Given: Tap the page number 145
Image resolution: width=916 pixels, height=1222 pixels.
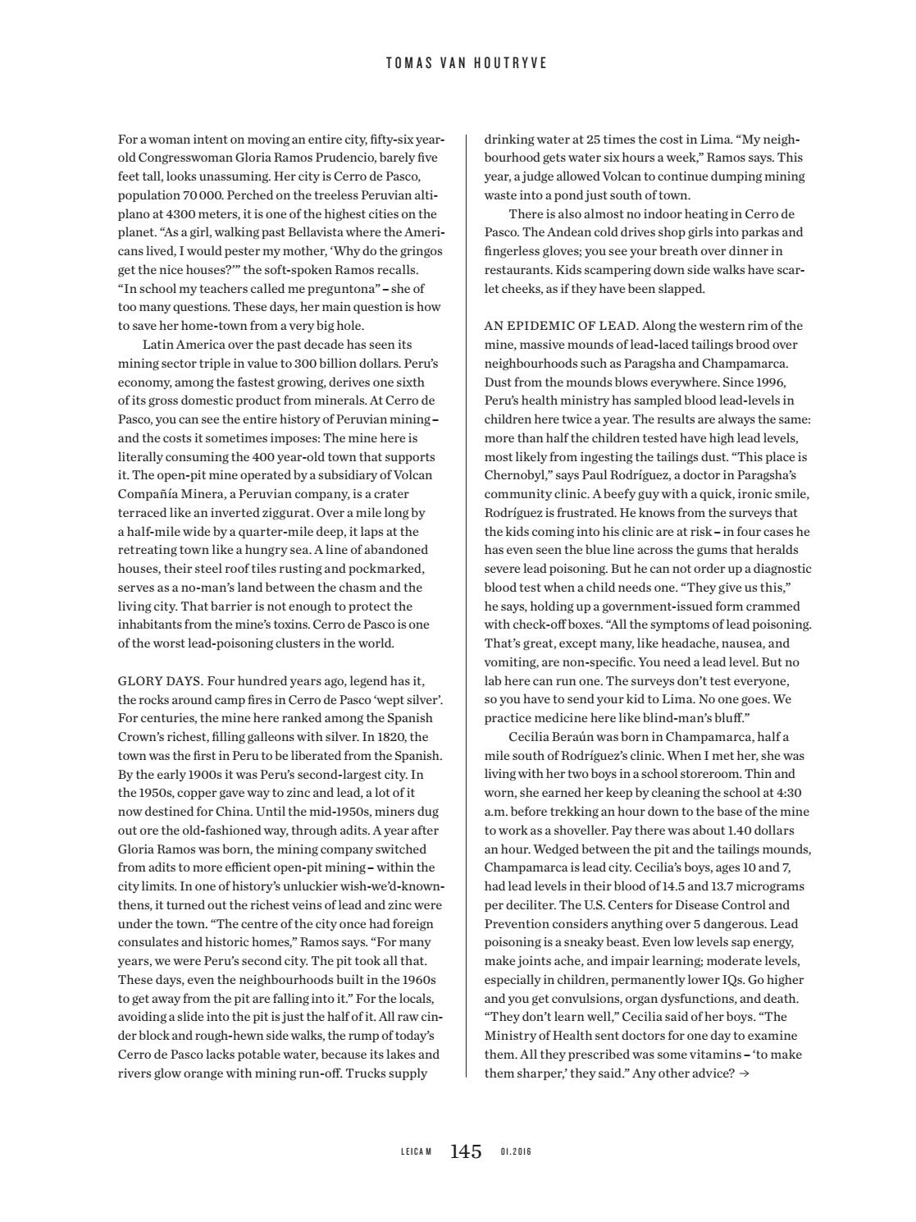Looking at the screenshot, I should (466, 1151).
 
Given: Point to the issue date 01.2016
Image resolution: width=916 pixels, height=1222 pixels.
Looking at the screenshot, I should (516, 1152).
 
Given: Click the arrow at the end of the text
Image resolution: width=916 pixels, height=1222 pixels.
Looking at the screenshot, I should (744, 1073).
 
